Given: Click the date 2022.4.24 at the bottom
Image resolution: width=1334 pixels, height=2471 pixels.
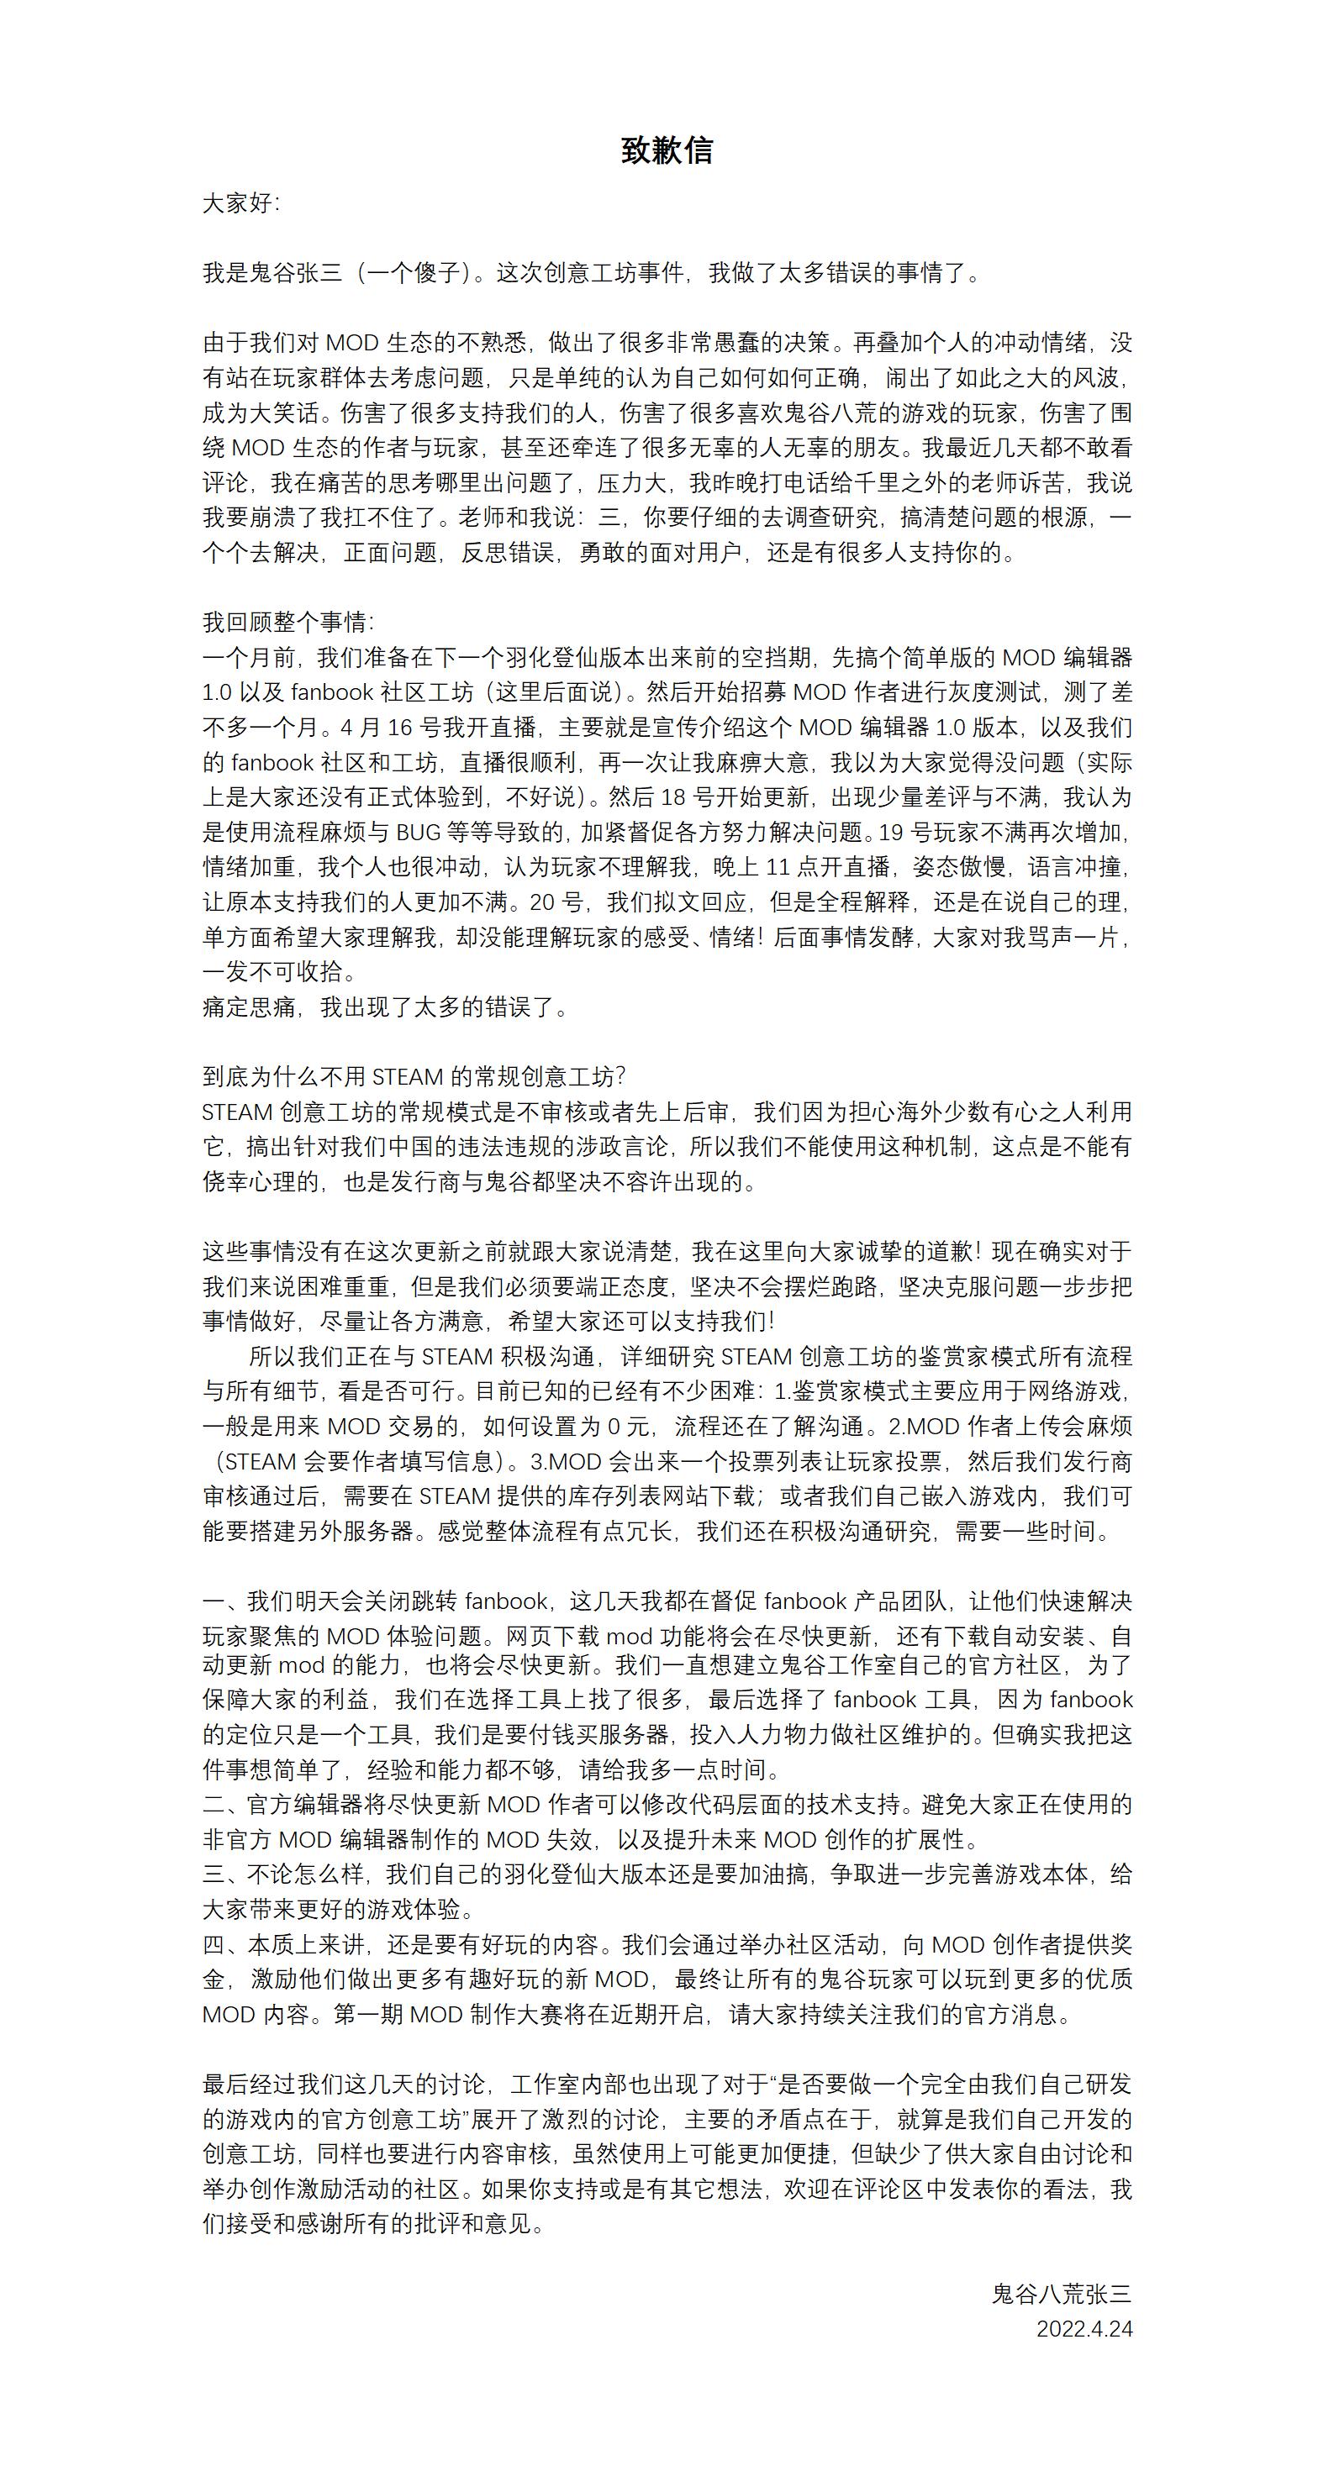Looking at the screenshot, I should (1084, 2328).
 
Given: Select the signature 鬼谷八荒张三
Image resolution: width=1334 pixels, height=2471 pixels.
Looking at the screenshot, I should (1062, 2294).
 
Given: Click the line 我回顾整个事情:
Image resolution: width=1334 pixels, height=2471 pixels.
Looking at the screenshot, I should (288, 623).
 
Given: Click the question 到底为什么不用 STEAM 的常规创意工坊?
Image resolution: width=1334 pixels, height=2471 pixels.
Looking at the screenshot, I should (414, 1076).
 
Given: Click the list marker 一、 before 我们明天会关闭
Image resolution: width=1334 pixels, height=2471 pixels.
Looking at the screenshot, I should (223, 1601).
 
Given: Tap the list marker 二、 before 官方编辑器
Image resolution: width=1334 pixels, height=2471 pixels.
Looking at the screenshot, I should (223, 1805).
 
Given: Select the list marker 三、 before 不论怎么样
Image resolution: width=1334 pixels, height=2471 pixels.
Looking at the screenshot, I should (223, 1874).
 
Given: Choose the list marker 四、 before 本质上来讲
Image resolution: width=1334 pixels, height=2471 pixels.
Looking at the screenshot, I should (223, 1944).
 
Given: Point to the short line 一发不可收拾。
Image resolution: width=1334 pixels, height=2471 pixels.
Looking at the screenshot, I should (279, 972).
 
